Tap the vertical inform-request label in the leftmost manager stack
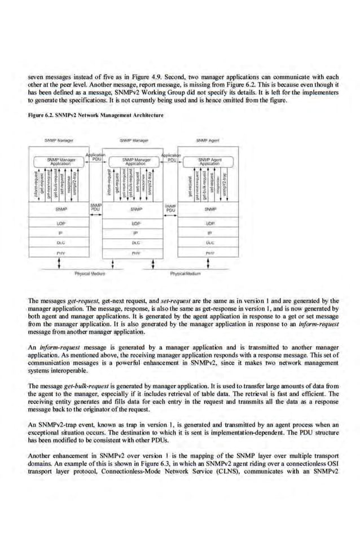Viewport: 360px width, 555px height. click(36, 184)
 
